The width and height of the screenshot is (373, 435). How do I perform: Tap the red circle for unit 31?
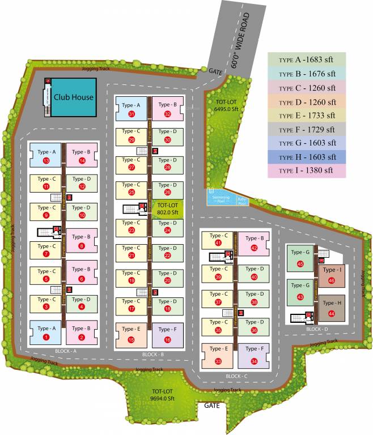(x=132, y=114)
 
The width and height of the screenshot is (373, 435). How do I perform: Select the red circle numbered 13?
(x=46, y=161)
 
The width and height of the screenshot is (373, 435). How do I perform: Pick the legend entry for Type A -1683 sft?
(x=307, y=59)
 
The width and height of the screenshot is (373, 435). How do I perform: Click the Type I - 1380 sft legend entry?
(x=307, y=170)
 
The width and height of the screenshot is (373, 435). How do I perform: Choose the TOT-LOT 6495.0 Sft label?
(x=223, y=106)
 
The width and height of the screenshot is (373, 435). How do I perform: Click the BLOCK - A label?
(x=82, y=351)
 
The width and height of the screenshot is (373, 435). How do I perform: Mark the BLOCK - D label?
(x=317, y=329)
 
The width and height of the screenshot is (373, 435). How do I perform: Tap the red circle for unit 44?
(x=332, y=313)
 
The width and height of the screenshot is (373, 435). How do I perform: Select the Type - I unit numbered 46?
(x=332, y=274)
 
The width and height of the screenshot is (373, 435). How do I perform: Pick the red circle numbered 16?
(x=168, y=340)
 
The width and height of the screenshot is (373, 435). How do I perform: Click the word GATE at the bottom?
(x=211, y=406)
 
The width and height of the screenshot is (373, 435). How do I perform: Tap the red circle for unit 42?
(x=254, y=248)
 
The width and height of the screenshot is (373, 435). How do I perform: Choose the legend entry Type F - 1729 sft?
(x=307, y=129)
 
